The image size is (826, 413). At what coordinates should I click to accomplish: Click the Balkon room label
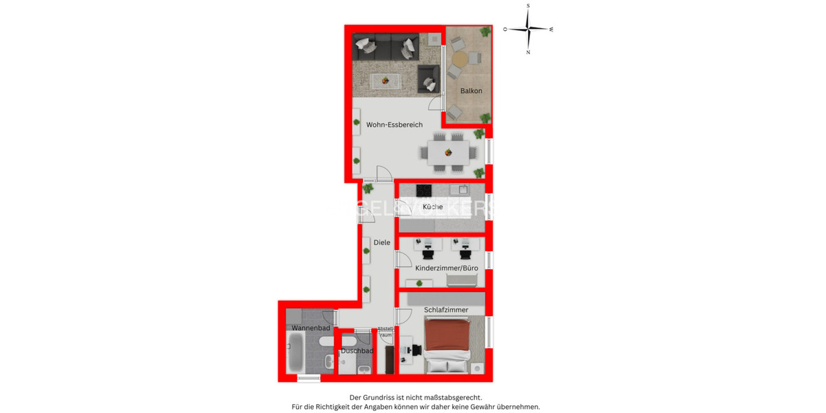coord(472,91)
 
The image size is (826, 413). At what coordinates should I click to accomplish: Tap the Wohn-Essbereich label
coord(394,125)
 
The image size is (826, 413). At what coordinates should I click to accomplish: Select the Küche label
coord(433,206)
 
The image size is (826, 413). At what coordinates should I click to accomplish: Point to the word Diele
coord(382,242)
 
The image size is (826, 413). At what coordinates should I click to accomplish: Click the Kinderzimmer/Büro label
coord(447,268)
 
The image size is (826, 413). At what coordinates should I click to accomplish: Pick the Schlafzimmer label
coord(446,310)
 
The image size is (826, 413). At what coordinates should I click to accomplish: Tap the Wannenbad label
coord(311,328)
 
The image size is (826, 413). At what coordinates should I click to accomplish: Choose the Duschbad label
coord(357,351)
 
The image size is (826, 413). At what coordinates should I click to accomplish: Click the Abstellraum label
coord(385,332)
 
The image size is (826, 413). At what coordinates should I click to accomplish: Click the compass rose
coord(528,29)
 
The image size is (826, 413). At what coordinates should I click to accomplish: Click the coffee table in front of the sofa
coord(385,81)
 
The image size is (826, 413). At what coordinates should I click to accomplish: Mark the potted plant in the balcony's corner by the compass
coord(485,31)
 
